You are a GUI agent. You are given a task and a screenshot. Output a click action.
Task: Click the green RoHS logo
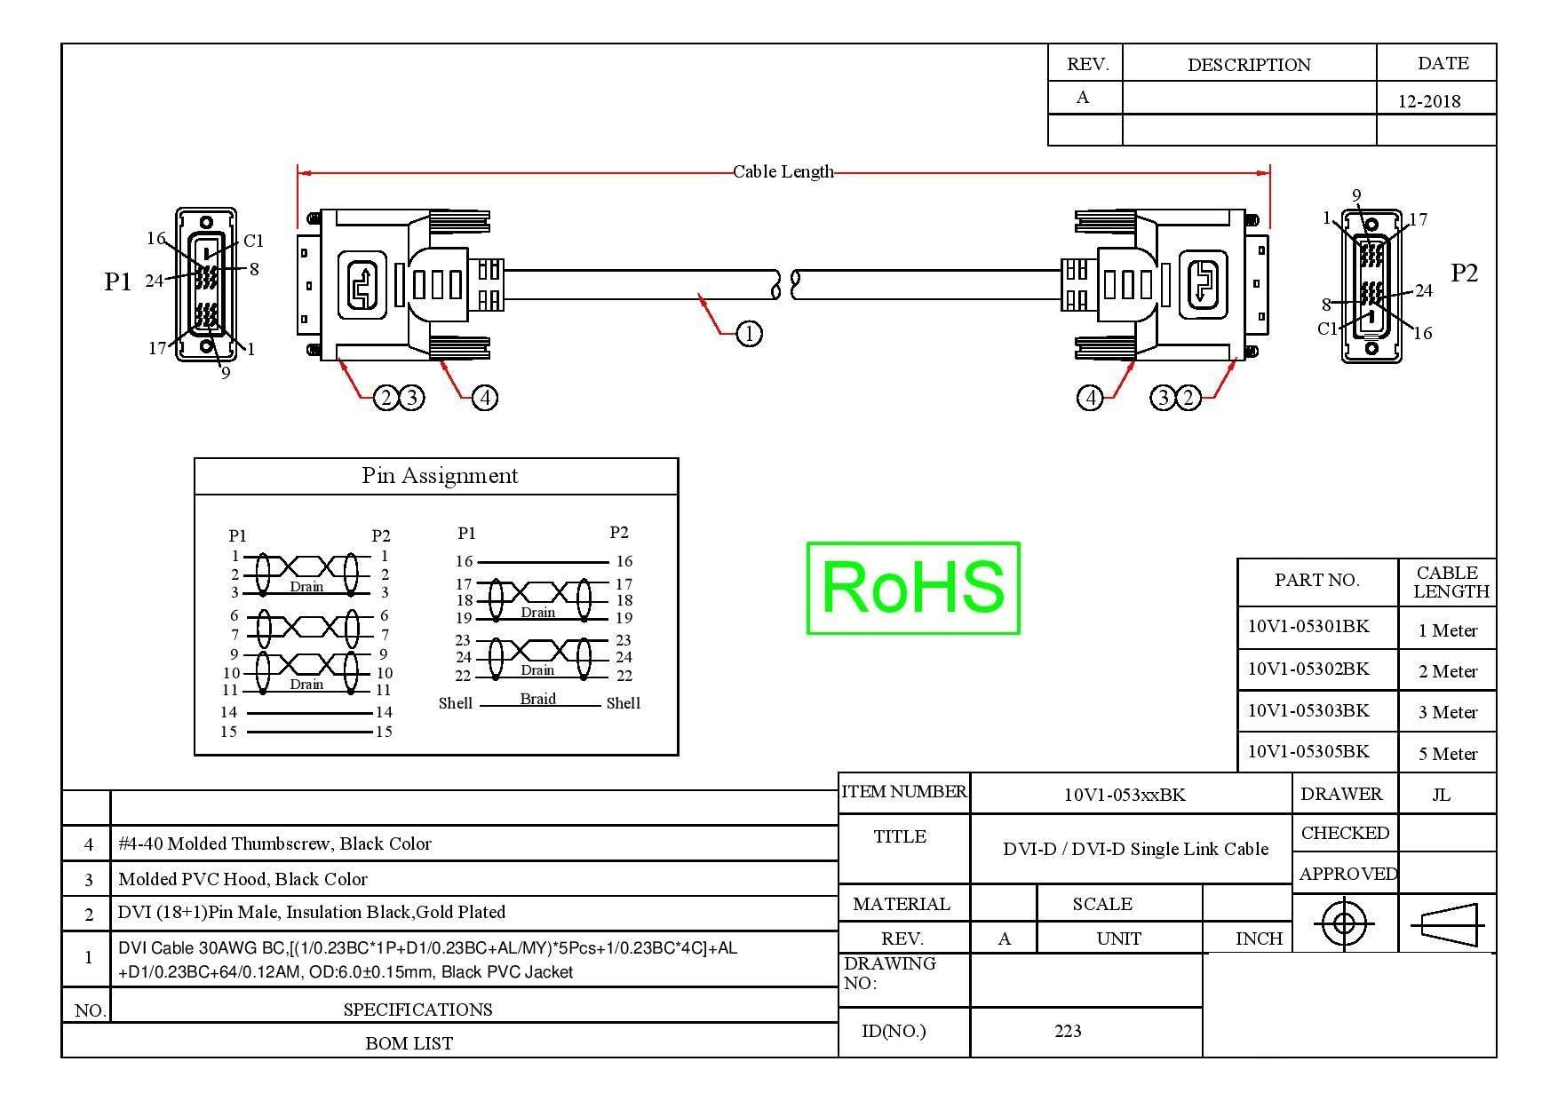pos(913,588)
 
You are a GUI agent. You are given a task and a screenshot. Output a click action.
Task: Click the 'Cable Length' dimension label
pos(783,171)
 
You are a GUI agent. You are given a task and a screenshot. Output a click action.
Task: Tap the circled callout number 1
pos(750,334)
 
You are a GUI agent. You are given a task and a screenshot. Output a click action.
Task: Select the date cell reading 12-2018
pos(1429,100)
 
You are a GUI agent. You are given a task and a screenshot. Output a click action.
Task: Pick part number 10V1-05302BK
pos(1308,669)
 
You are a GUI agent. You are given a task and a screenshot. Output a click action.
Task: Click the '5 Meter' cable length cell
pos(1448,754)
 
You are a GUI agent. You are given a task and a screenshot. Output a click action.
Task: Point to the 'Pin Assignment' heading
pos(440,476)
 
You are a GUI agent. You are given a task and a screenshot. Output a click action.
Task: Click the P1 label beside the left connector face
pos(118,281)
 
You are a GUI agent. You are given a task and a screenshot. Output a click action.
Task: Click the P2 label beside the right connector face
pos(1464,273)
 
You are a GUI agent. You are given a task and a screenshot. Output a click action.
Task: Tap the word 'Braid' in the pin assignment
pos(537,699)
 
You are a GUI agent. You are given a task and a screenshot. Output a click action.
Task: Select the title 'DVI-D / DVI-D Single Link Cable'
pos(1135,849)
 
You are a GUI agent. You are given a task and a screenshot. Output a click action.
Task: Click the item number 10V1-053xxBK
pos(1125,795)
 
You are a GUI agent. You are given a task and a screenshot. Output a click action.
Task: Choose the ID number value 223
pos(1068,1031)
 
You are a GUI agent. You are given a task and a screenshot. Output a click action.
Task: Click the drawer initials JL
pos(1441,795)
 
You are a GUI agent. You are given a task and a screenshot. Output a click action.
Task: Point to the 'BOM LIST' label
pos(409,1043)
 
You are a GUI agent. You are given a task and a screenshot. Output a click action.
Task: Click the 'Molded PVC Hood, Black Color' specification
pos(242,879)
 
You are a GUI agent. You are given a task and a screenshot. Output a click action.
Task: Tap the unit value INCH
pos(1259,939)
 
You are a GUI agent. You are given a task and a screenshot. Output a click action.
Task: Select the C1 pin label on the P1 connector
pos(254,241)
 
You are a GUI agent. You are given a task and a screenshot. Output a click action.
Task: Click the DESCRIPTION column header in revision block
pos(1249,65)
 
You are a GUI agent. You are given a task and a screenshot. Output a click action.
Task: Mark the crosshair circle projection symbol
pos(1344,924)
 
